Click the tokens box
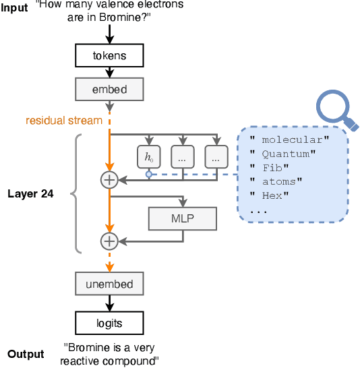tap(109, 55)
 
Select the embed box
tap(109, 88)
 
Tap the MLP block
tap(183, 218)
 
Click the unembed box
tap(109, 284)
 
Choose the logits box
tap(109, 323)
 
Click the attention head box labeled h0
tap(148, 158)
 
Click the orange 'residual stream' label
tap(63, 121)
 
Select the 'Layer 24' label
tap(30, 193)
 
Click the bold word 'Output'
tap(26, 354)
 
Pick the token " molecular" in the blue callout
tap(289, 140)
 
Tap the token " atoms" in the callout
tap(277, 181)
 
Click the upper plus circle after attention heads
tap(109, 179)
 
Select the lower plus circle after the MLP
tap(109, 241)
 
